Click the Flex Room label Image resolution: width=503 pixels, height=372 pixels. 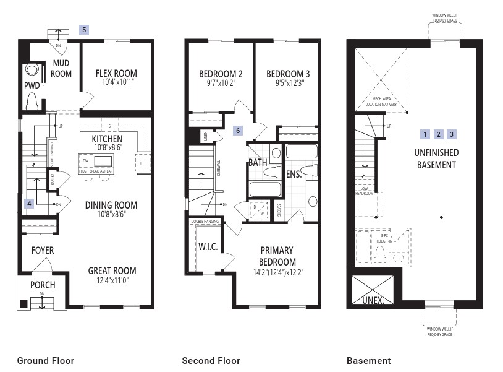click(x=116, y=73)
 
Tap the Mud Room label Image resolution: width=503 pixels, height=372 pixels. click(x=61, y=68)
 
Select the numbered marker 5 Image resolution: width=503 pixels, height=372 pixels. click(x=85, y=29)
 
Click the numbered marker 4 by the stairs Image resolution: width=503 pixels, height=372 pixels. click(x=28, y=203)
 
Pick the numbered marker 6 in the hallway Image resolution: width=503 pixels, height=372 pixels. click(x=238, y=131)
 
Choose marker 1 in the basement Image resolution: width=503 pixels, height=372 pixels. click(x=425, y=134)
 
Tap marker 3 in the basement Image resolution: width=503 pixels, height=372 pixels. click(x=452, y=134)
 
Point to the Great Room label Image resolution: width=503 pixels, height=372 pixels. click(x=112, y=270)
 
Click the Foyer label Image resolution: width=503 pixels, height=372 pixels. click(x=42, y=250)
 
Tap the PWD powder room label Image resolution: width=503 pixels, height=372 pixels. click(x=32, y=85)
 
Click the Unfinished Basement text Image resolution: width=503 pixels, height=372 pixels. click(x=437, y=158)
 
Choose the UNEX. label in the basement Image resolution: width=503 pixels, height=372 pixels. click(x=372, y=301)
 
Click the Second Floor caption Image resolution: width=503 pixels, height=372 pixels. click(x=211, y=361)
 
